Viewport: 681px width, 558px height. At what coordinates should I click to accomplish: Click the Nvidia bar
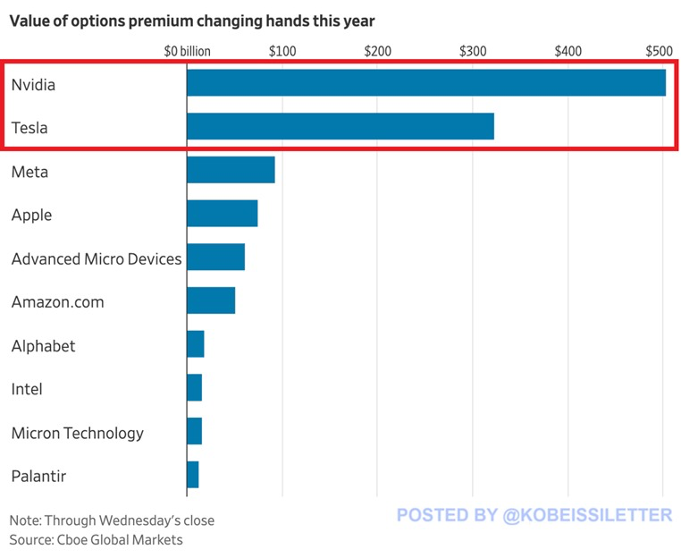pos(426,83)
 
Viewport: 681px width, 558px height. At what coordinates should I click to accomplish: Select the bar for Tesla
pos(340,127)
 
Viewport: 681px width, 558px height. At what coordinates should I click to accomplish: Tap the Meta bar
pos(231,170)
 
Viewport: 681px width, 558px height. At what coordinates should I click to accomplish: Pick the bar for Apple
pos(223,214)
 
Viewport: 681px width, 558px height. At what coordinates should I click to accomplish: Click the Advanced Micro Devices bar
pos(215,258)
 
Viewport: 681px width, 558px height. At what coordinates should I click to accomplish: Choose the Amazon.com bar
pos(211,300)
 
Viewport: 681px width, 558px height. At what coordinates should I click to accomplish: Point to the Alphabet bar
pos(196,344)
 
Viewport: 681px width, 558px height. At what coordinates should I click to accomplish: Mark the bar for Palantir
pos(193,475)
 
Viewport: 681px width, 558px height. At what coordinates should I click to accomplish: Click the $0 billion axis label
pos(188,51)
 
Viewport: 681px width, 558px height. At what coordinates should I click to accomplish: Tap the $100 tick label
pos(282,51)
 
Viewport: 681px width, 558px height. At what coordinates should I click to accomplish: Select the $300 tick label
pos(473,51)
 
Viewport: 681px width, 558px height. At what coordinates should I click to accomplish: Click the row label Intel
pos(27,389)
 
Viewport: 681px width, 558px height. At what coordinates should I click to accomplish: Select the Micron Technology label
pos(77,433)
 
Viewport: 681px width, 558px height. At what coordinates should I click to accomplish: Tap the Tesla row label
pos(29,128)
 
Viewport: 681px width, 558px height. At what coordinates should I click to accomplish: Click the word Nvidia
pos(33,85)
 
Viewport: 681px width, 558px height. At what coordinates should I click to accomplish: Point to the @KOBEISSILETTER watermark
pos(534,515)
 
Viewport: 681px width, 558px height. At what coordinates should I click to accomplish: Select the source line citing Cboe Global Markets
pos(96,539)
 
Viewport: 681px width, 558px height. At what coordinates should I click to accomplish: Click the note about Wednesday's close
pos(112,520)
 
